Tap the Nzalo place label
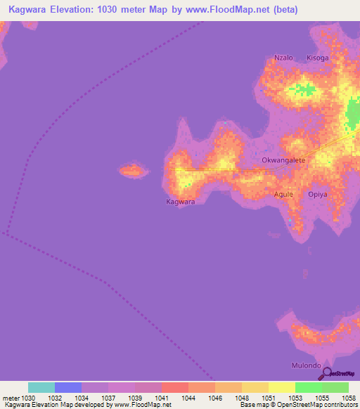(x=283, y=58)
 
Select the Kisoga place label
(x=317, y=58)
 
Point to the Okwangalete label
(x=283, y=160)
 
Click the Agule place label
(x=283, y=194)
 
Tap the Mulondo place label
(x=306, y=365)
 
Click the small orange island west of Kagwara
(x=131, y=170)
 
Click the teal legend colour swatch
(x=41, y=387)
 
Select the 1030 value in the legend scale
(x=25, y=398)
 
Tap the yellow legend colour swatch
(x=281, y=387)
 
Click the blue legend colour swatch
(x=68, y=387)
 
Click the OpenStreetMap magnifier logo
(x=325, y=373)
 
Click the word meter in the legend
(x=10, y=398)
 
